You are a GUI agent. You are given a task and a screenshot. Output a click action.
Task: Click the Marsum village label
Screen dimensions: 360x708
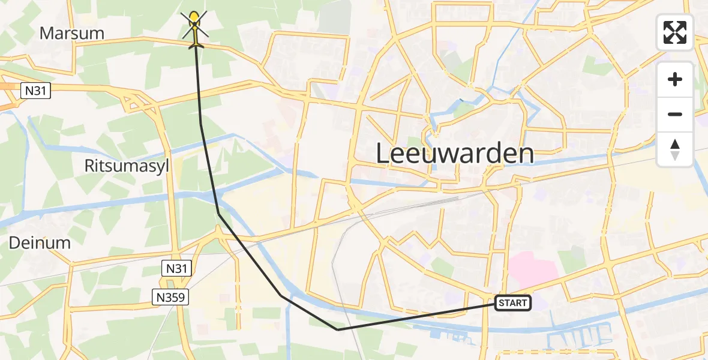[71, 33]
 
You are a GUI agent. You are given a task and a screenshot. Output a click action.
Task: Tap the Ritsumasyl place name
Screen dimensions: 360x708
[127, 166]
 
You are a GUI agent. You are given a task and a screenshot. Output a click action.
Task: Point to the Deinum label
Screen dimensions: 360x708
[40, 243]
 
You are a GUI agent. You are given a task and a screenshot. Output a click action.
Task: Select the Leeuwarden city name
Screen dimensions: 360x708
[455, 154]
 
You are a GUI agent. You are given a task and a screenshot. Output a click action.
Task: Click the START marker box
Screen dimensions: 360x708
[513, 303]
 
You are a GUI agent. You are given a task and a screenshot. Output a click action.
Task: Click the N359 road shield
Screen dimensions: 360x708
[171, 296]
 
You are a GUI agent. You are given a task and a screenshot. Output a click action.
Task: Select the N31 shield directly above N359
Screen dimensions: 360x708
[176, 269]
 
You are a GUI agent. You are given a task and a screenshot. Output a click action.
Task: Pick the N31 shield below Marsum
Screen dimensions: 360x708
[36, 91]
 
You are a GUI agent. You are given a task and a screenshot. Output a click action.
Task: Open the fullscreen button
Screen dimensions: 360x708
[675, 32]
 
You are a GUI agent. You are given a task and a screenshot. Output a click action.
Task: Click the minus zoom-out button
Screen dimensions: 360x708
[675, 114]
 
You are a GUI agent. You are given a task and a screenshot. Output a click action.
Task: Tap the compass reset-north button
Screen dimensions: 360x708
[675, 149]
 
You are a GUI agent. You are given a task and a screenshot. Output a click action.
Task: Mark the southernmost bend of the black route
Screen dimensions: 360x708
[338, 329]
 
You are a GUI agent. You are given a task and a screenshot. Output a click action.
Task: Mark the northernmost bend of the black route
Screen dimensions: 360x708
[201, 124]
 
